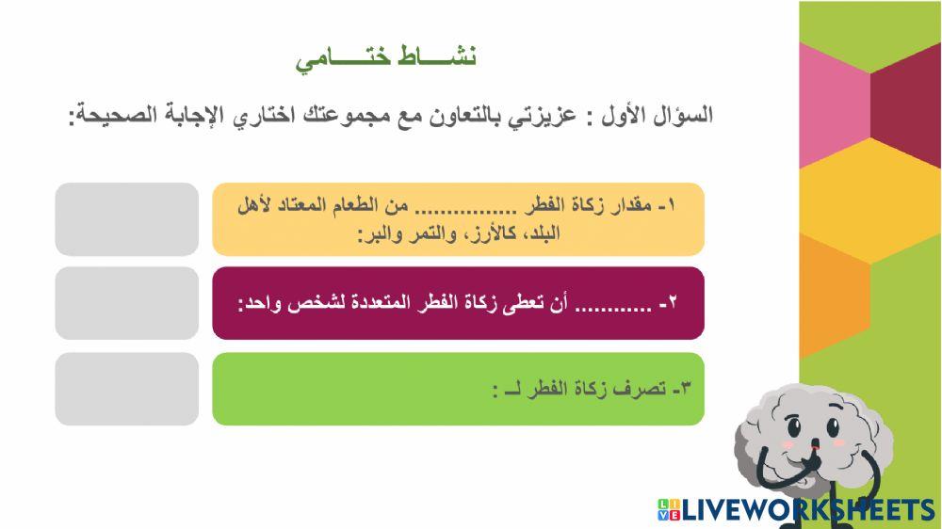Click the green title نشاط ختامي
(x=386, y=58)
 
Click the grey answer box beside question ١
(x=127, y=219)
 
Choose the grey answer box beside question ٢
(x=127, y=303)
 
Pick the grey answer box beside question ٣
(x=127, y=388)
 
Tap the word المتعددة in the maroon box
(x=393, y=304)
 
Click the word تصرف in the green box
(x=642, y=388)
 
